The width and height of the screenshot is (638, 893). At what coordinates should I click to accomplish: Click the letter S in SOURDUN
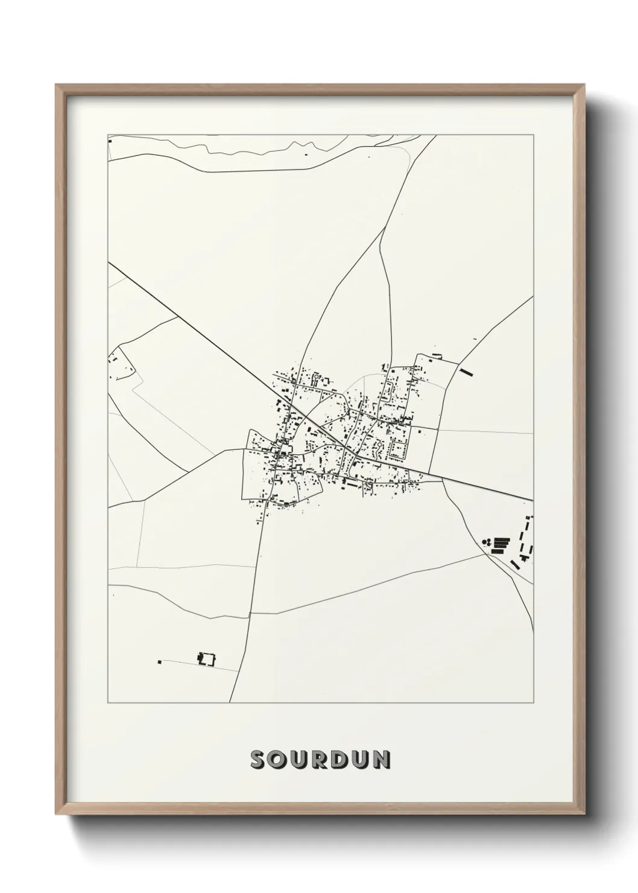[x=259, y=760]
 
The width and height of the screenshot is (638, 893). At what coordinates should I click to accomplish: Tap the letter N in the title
[x=381, y=760]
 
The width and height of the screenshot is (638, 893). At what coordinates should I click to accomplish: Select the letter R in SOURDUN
[x=320, y=760]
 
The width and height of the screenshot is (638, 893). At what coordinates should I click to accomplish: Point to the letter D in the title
[x=341, y=760]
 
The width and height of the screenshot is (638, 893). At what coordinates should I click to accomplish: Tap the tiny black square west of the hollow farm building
[x=160, y=662]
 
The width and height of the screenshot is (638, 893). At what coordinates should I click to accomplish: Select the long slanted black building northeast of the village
[x=466, y=371]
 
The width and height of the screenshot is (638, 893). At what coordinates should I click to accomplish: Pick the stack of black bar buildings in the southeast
[x=501, y=545]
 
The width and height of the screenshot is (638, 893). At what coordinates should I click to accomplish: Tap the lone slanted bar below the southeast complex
[x=515, y=565]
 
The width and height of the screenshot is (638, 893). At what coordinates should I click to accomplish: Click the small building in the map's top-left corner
[x=110, y=141]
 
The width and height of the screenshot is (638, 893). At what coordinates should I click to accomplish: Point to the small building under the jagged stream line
[x=306, y=154]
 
